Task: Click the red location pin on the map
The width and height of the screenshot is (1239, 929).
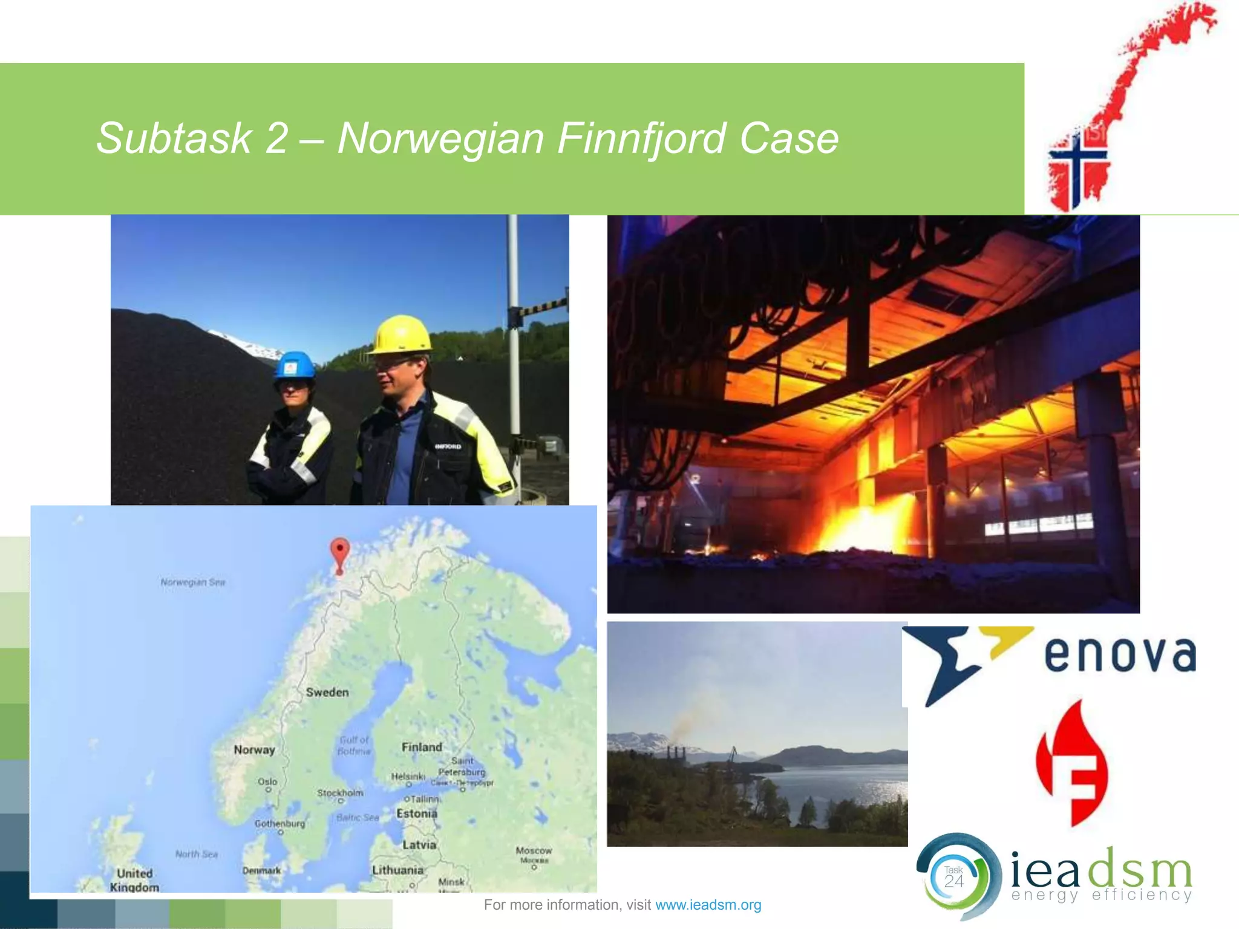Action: pos(340,552)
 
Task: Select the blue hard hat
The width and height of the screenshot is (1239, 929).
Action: pos(295,366)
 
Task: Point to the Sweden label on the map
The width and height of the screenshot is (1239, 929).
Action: pos(327,693)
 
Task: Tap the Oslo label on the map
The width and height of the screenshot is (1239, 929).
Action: pos(267,781)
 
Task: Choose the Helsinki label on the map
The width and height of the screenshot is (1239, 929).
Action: pos(408,776)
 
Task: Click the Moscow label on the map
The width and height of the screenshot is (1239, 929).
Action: pos(534,850)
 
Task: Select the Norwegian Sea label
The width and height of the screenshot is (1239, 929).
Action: pos(193,582)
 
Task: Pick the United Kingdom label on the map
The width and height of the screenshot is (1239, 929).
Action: pos(134,880)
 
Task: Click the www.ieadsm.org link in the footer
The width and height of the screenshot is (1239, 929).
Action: pos(708,905)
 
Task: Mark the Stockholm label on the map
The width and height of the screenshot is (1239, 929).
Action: pos(341,792)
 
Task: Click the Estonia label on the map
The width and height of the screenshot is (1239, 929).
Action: pos(417,813)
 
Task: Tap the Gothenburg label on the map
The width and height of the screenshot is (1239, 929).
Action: pos(280,824)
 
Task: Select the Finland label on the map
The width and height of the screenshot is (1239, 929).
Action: pos(422,747)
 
